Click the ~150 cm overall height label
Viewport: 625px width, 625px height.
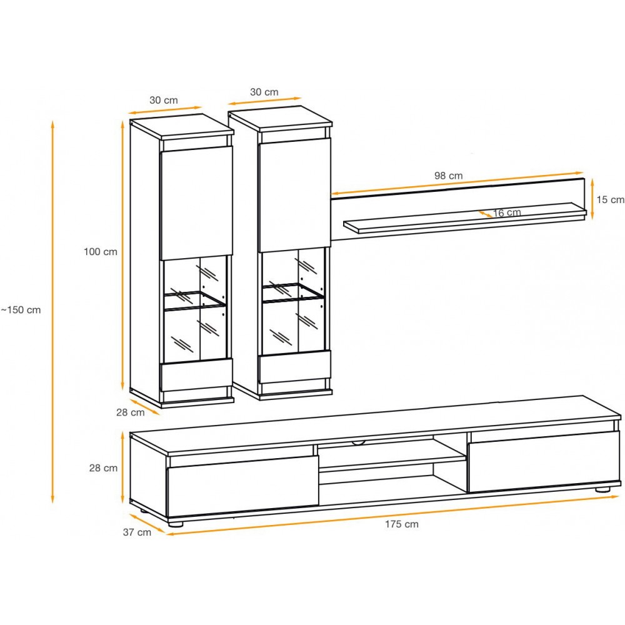(x=21, y=310)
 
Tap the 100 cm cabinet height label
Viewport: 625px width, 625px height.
(x=101, y=251)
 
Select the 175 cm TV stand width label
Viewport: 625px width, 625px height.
(x=402, y=524)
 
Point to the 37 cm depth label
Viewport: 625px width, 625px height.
(x=137, y=532)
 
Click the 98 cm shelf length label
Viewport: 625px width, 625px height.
(x=448, y=176)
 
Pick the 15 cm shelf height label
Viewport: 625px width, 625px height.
(x=610, y=199)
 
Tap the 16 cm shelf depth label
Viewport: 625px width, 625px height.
(x=507, y=213)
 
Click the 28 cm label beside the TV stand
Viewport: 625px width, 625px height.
(x=103, y=468)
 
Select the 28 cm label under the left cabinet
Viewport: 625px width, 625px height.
(x=131, y=412)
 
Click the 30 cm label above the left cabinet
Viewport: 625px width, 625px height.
(x=163, y=100)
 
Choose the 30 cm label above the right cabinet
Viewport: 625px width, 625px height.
(x=264, y=92)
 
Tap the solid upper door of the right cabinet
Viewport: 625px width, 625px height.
(x=294, y=195)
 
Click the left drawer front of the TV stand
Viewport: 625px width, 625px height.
(x=242, y=487)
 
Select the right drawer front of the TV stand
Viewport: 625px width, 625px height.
(x=544, y=462)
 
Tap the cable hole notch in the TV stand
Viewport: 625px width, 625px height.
(x=358, y=442)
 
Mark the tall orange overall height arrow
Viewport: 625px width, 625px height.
(x=52, y=311)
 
